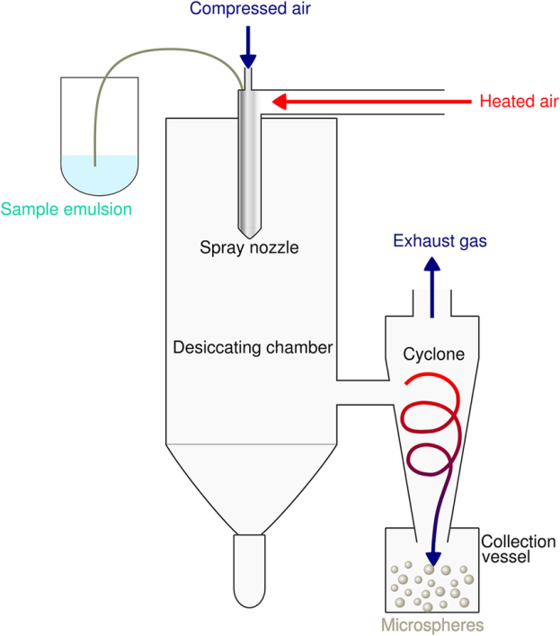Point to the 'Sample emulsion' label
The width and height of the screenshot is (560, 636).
tap(67, 211)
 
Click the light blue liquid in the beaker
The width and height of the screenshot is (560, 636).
tap(99, 173)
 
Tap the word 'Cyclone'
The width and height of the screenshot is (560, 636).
tap(433, 354)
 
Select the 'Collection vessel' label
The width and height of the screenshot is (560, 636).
tap(518, 549)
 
